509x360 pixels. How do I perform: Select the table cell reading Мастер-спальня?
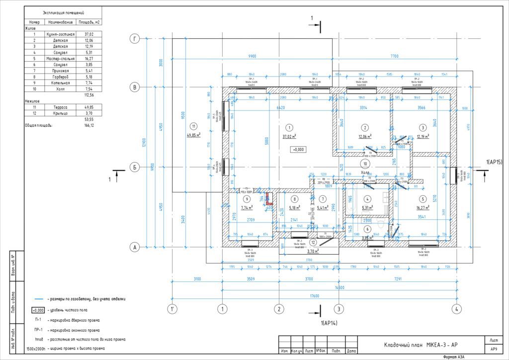pyautogui.click(x=60, y=59)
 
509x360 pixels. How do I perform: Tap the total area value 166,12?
pyautogui.click(x=89, y=125)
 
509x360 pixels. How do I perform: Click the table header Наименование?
pyautogui.click(x=60, y=22)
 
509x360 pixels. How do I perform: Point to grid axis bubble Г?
pyautogui.click(x=134, y=38)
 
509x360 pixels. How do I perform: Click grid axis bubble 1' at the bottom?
pyautogui.click(x=172, y=308)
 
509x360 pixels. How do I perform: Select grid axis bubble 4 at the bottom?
pyautogui.click(x=455, y=308)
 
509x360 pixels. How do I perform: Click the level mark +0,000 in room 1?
pyautogui.click(x=298, y=149)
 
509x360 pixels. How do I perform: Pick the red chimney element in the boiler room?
pyautogui.click(x=269, y=199)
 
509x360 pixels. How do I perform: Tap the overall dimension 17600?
pyautogui.click(x=313, y=296)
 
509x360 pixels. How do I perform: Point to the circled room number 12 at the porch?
pyautogui.click(x=313, y=243)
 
